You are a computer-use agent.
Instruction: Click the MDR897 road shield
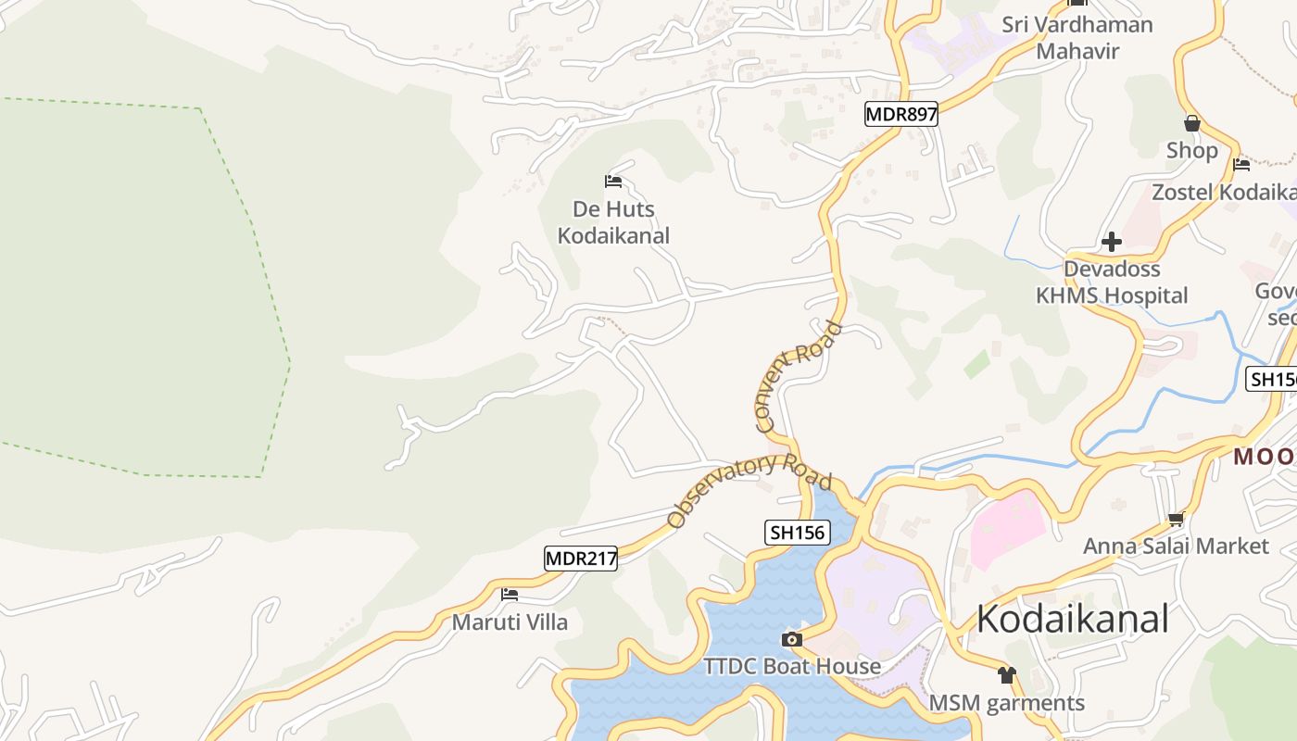pos(901,114)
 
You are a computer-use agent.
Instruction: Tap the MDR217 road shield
pos(580,559)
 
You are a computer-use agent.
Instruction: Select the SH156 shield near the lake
pos(797,532)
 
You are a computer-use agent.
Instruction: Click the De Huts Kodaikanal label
pos(613,222)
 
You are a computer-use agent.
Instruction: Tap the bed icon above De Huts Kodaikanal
pos(612,181)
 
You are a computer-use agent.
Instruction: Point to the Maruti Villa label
pos(510,622)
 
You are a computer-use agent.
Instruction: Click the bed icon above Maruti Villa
pos(509,594)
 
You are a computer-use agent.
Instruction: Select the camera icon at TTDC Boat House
pos(791,639)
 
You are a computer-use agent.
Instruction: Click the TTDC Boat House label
pos(792,666)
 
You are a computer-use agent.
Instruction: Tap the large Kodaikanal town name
pos(1073,619)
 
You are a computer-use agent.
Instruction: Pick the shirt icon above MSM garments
pos(1007,674)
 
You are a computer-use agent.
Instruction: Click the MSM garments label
pos(1007,703)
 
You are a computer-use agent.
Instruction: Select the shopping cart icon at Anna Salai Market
pos(1176,519)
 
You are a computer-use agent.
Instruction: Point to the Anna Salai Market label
pos(1176,546)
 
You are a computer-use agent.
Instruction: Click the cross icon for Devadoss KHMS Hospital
pos(1112,243)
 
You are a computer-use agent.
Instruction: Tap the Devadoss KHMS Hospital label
pos(1112,283)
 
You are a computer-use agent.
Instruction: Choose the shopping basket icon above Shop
pos(1192,123)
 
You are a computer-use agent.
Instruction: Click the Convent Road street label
pos(798,378)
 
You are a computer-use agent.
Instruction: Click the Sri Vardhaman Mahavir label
pos(1077,37)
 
